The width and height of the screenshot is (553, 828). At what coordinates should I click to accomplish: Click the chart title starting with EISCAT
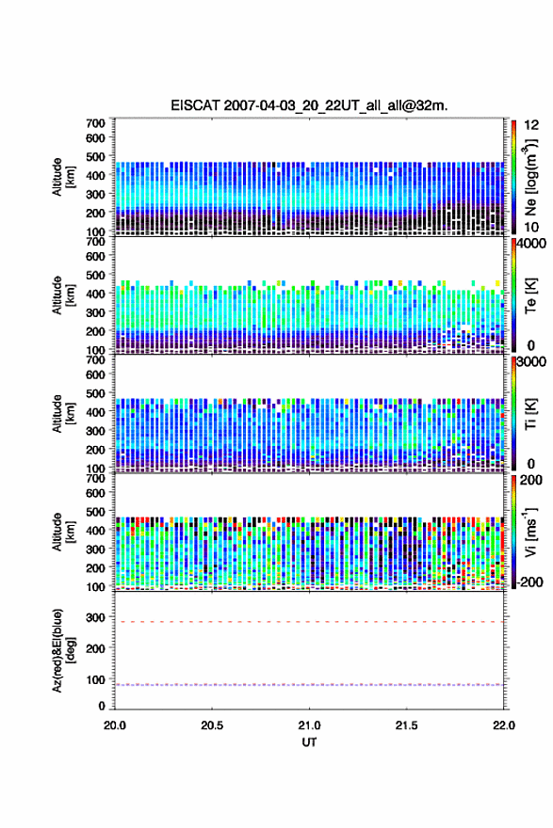pyautogui.click(x=309, y=105)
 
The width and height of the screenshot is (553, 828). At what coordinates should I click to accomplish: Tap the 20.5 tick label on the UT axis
pyautogui.click(x=212, y=725)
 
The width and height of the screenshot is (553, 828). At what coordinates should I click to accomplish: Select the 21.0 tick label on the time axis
pyautogui.click(x=309, y=725)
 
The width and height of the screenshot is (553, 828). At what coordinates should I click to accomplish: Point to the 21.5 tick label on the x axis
pyautogui.click(x=407, y=725)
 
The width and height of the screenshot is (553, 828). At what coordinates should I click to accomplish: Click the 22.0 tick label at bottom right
pyautogui.click(x=504, y=725)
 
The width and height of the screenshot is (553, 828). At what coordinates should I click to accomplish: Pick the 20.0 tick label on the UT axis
pyautogui.click(x=115, y=725)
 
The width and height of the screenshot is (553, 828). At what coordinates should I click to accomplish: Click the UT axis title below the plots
pyautogui.click(x=309, y=742)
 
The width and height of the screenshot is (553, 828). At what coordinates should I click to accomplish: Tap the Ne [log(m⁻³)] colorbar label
pyautogui.click(x=531, y=178)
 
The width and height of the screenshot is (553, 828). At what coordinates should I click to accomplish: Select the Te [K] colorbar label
pyautogui.click(x=531, y=295)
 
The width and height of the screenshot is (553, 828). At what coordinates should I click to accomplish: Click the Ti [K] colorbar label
pyautogui.click(x=531, y=413)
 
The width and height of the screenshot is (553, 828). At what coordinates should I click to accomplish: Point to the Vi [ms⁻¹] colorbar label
pyautogui.click(x=531, y=533)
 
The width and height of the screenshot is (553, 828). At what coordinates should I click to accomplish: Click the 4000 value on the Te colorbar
pyautogui.click(x=532, y=244)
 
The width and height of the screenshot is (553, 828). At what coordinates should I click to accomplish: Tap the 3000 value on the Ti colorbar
pyautogui.click(x=532, y=362)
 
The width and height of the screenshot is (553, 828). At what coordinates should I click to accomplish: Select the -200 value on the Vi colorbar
pyautogui.click(x=529, y=581)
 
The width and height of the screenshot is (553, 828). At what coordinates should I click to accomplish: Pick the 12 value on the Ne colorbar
pyautogui.click(x=531, y=125)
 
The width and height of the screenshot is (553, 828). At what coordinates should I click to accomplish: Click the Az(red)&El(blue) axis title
pyautogui.click(x=64, y=650)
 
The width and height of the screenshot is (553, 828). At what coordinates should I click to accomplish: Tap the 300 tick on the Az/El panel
pyautogui.click(x=96, y=617)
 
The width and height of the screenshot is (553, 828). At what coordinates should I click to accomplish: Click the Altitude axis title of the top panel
pyautogui.click(x=63, y=177)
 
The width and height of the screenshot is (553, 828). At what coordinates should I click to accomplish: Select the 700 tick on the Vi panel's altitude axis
pyautogui.click(x=96, y=478)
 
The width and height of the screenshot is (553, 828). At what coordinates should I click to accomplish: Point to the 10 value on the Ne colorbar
pyautogui.click(x=531, y=227)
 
